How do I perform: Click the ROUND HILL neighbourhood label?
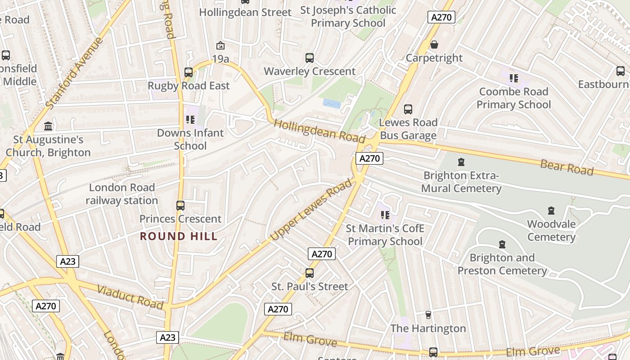pos(179,236)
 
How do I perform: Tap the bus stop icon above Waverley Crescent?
pos(310,58)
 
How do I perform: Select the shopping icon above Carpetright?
pos(434,45)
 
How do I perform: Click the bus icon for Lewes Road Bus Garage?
pos(408,109)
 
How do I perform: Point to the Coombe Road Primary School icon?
pos(513,78)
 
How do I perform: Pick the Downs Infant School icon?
pos(190,120)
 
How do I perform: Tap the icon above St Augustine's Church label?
pos(48,126)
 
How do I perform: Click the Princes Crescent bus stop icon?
pos(180,206)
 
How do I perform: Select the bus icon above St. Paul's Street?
pos(310,273)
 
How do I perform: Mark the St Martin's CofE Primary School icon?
pos(385,215)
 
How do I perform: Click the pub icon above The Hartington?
pos(428,315)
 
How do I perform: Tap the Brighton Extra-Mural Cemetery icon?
pos(461,162)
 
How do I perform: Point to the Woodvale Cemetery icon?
pos(551,211)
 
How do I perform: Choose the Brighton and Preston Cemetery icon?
pos(502,245)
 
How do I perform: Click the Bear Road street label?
pos(567,167)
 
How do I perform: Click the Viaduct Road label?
pos(130,297)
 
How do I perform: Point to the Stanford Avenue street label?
pos(75,73)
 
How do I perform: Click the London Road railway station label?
pos(122,194)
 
